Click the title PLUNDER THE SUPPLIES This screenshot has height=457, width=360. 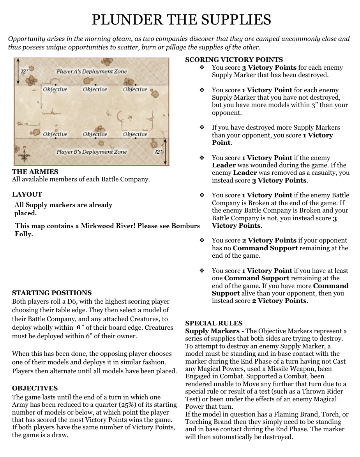pos(181,19)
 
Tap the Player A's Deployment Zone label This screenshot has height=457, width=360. pos(92,72)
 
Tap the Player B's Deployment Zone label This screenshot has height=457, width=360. pos(92,152)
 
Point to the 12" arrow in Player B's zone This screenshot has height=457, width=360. pos(166,152)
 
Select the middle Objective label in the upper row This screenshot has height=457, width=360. pos(95,90)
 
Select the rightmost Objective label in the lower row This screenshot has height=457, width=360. pos(135,134)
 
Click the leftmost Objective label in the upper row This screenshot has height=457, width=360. pos(55,90)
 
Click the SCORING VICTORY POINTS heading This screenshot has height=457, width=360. pos(234,60)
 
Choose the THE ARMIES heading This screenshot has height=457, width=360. pos(35,172)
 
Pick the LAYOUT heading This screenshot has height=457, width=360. pos(27,194)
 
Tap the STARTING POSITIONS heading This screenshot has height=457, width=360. pos(52,293)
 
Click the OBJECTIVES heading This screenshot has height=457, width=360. pos(35,388)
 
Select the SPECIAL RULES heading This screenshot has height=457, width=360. pos(214,323)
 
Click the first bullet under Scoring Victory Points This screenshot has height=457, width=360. pos(202,68)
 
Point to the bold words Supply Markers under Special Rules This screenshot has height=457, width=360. pos(207,331)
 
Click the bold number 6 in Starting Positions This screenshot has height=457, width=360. pos(78,328)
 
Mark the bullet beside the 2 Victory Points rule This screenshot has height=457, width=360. pos(202,241)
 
